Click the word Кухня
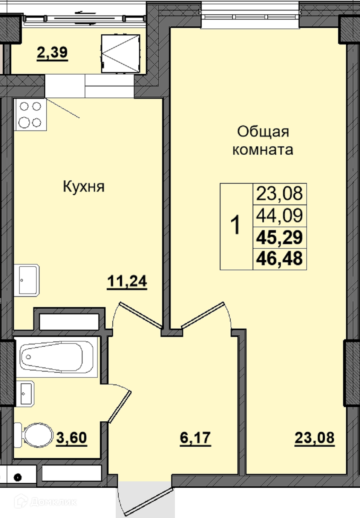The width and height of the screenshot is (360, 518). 84,187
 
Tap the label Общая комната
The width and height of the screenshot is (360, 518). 263,141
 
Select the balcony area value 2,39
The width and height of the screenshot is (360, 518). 52,52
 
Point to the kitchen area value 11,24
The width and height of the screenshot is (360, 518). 127,281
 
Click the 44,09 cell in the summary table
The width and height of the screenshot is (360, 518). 279,215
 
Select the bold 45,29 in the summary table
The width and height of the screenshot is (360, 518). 279,237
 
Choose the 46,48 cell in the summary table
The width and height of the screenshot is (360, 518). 279,258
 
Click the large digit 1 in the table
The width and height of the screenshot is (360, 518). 236,224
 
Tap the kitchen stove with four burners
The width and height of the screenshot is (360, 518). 30,114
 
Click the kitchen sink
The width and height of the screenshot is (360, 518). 26,280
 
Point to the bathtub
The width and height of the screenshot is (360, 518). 57,357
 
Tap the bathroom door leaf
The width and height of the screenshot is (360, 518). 120,407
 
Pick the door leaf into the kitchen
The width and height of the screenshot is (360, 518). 141,315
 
